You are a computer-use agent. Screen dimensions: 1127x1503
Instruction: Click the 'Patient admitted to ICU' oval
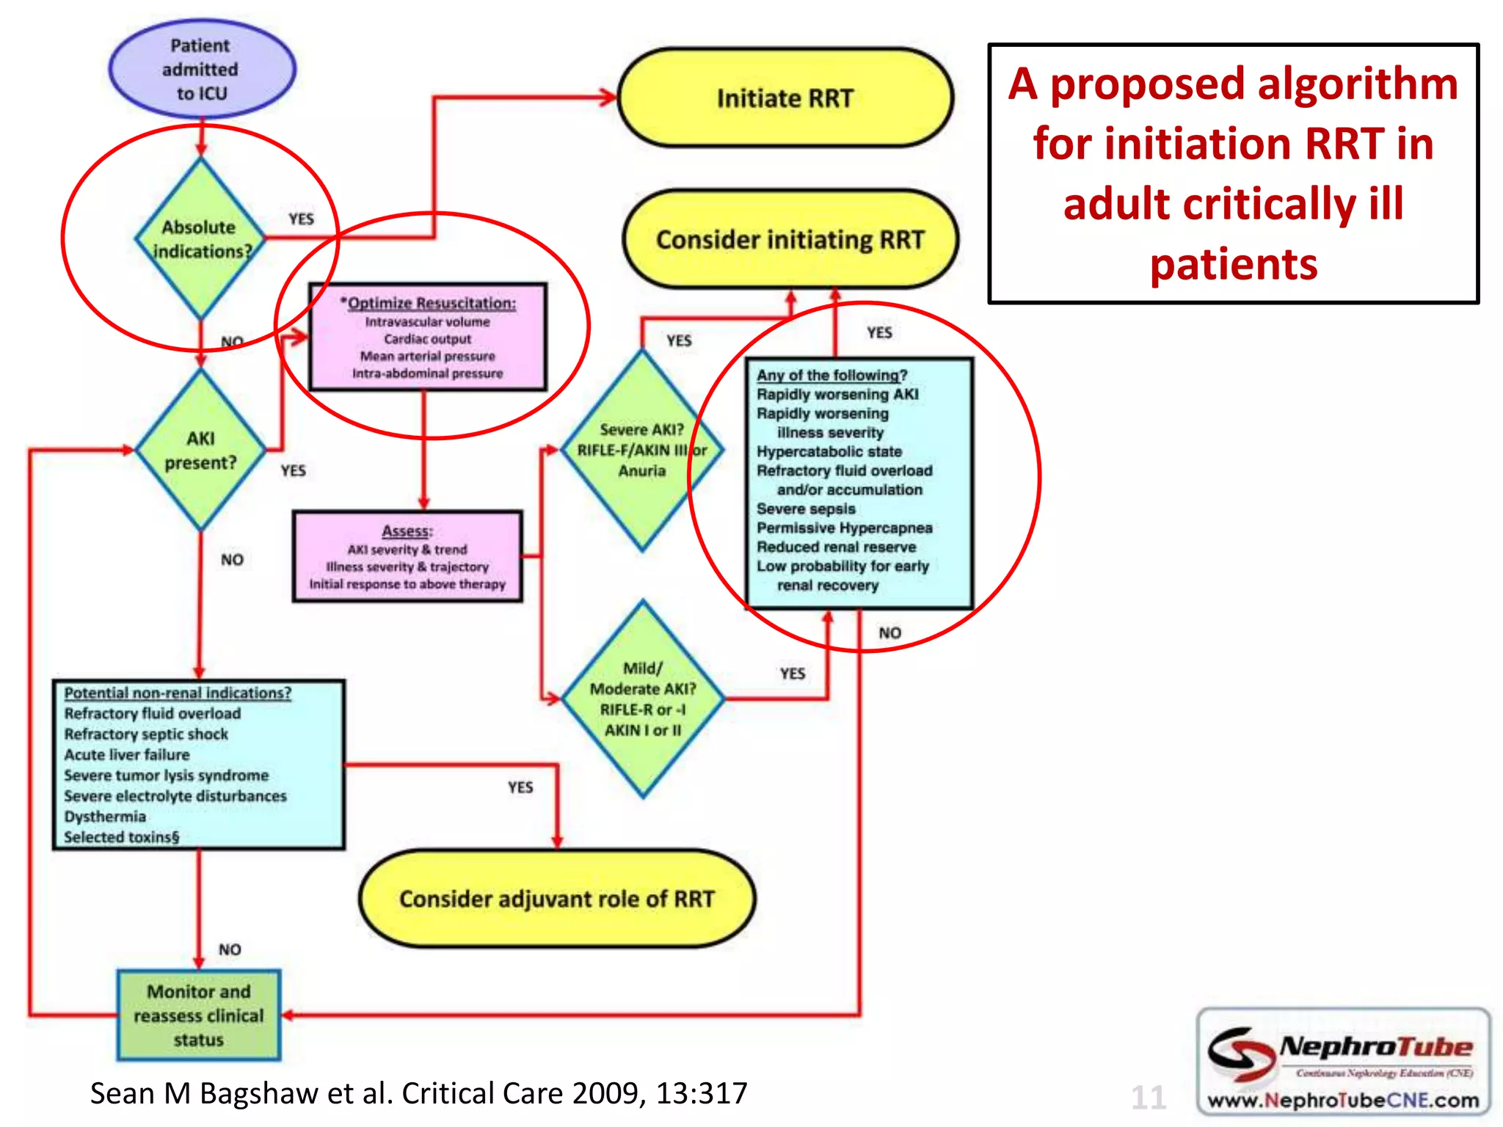pos(202,69)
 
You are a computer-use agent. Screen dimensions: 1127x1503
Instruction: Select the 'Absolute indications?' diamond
pos(200,239)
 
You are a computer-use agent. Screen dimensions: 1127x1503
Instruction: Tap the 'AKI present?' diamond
pos(200,450)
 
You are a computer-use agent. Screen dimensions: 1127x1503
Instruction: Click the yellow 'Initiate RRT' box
pos(785,98)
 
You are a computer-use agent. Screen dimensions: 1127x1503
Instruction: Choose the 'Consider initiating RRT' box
pos(790,240)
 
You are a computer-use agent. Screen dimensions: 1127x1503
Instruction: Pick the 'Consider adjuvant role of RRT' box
pos(557,899)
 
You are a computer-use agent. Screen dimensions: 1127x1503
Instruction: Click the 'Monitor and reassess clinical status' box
pos(199,1015)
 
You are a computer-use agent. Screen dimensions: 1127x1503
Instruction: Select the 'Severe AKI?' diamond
pos(642,449)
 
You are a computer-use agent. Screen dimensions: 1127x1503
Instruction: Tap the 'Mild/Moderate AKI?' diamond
pos(643,699)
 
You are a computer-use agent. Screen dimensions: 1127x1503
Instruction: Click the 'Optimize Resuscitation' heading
pos(429,303)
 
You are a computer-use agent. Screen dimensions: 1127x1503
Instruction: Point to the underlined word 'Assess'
pos(407,530)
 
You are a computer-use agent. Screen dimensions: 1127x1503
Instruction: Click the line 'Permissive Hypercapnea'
pos(844,528)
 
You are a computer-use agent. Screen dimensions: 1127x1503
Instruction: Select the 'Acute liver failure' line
pos(127,754)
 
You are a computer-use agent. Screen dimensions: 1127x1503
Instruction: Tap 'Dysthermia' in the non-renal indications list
pos(105,817)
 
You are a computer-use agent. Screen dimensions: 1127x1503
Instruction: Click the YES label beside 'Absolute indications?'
pos(301,219)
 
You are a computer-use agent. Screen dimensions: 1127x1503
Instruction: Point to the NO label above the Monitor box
pos(230,949)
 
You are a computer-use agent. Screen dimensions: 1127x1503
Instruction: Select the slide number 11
pos(1148,1098)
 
